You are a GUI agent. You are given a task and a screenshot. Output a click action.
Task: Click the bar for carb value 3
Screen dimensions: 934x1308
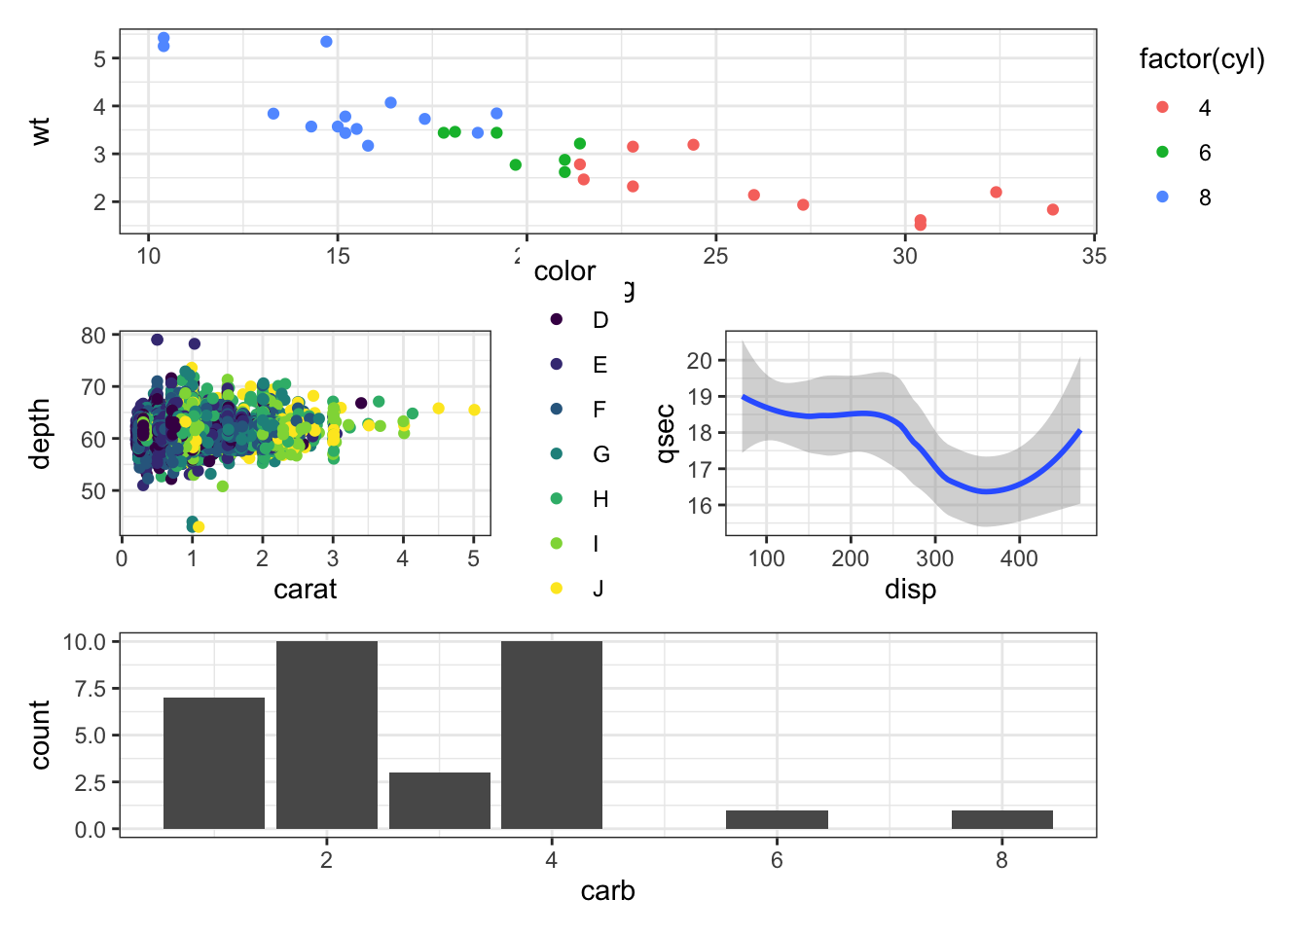coord(439,801)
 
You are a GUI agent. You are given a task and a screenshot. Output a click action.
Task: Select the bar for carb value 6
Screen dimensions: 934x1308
coord(777,819)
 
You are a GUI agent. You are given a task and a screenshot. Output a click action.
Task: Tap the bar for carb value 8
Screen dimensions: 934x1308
coord(1001,819)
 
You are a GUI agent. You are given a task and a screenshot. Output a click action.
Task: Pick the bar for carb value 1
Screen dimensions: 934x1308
coord(214,763)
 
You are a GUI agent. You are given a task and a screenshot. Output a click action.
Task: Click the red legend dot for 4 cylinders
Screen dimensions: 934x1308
coord(1162,107)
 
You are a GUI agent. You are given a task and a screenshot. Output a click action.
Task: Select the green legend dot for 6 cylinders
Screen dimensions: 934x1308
coord(1162,152)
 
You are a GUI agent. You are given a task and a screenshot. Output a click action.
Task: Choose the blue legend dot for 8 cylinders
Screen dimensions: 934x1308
coord(1162,197)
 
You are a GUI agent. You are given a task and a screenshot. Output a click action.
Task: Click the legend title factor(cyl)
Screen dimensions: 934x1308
coord(1202,59)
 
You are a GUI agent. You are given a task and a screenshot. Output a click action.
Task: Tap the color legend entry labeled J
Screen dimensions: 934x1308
coord(557,588)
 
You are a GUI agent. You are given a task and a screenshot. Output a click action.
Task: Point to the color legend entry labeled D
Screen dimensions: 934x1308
coord(557,319)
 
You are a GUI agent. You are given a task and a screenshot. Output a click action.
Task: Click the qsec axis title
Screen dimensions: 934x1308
coord(667,433)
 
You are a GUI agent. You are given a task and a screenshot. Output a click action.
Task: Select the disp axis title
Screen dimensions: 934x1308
coord(910,590)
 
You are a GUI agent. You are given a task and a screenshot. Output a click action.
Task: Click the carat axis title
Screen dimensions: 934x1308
coord(305,590)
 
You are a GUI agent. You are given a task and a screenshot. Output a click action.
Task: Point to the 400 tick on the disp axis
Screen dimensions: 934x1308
coord(1019,558)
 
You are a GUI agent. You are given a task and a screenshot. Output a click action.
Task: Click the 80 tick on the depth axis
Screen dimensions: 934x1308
coord(93,336)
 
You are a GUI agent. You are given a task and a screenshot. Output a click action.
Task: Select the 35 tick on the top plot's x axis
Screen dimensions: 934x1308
coord(1094,256)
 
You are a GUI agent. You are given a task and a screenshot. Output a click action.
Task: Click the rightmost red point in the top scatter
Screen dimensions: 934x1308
coord(1052,210)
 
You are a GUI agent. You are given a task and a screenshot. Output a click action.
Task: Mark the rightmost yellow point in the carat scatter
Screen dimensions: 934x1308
coord(474,410)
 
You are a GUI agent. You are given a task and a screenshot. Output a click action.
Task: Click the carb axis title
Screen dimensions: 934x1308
coord(607,891)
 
